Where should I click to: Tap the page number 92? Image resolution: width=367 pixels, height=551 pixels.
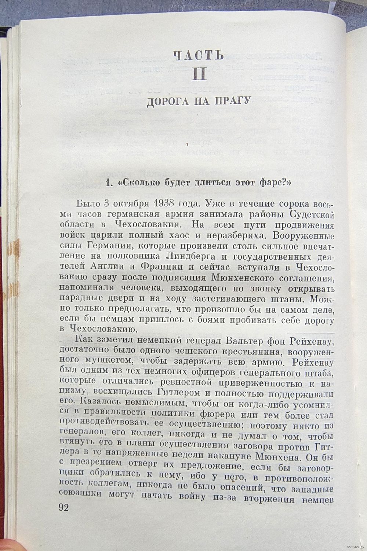tap(66, 507)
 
